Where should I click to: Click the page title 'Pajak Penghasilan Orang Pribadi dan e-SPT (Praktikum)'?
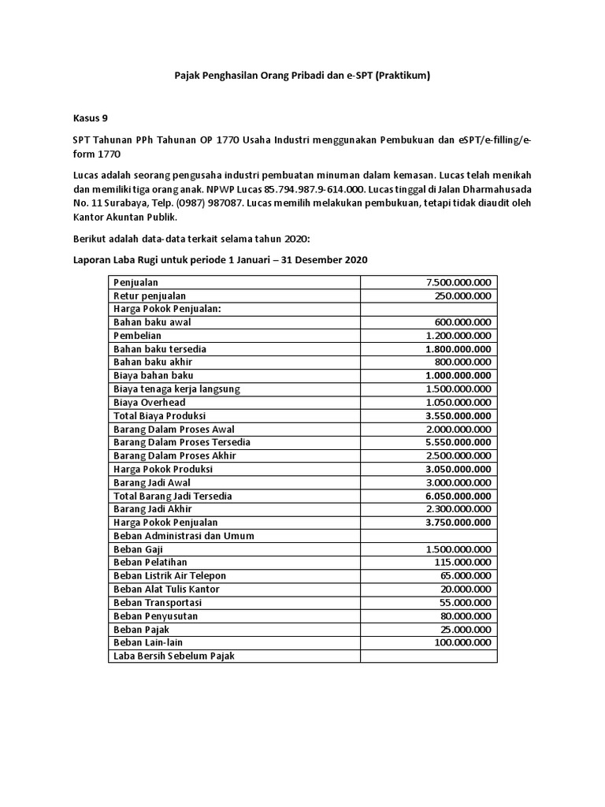pyautogui.click(x=302, y=76)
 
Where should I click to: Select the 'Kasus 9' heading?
pyautogui.click(x=91, y=119)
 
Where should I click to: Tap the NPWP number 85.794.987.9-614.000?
pyautogui.click(x=320, y=189)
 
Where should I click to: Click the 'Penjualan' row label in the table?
pyautogui.click(x=135, y=282)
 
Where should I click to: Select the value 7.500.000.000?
pyautogui.click(x=458, y=282)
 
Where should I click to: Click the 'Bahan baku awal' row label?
pyautogui.click(x=152, y=322)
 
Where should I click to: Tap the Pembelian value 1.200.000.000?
pyautogui.click(x=458, y=336)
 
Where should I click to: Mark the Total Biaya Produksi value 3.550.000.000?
pyautogui.click(x=458, y=415)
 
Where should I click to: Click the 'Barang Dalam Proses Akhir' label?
pyautogui.click(x=175, y=456)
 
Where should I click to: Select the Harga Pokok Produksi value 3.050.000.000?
pyautogui.click(x=458, y=469)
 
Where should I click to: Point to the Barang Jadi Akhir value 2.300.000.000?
pyautogui.click(x=458, y=509)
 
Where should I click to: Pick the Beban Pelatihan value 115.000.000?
pyautogui.click(x=462, y=563)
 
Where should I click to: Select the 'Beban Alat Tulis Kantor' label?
pyautogui.click(x=166, y=589)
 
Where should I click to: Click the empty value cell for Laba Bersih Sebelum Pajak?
pyautogui.click(x=429, y=656)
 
